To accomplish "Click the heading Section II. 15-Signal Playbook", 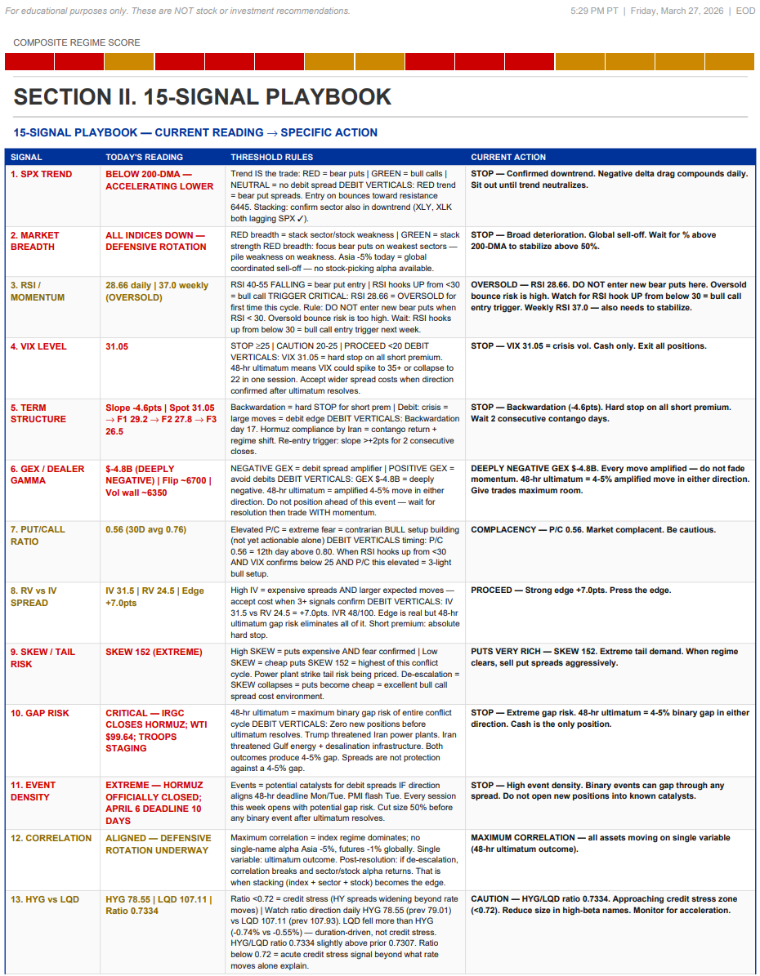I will pos(203,97).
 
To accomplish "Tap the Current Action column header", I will pos(508,157).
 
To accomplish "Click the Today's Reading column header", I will pos(144,157).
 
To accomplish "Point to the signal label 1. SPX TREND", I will pos(41,174).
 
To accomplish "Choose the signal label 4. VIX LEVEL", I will pos(38,346).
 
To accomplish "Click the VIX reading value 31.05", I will pos(117,346).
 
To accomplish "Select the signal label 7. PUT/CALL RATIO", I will pos(38,536).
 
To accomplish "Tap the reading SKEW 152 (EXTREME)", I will pos(154,652).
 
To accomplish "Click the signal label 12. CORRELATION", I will pos(51,838).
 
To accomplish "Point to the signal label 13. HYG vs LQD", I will pos(45,899).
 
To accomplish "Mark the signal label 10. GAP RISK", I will pos(40,713).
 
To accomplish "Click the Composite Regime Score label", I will pos(77,42).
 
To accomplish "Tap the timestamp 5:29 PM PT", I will pos(597,11).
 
